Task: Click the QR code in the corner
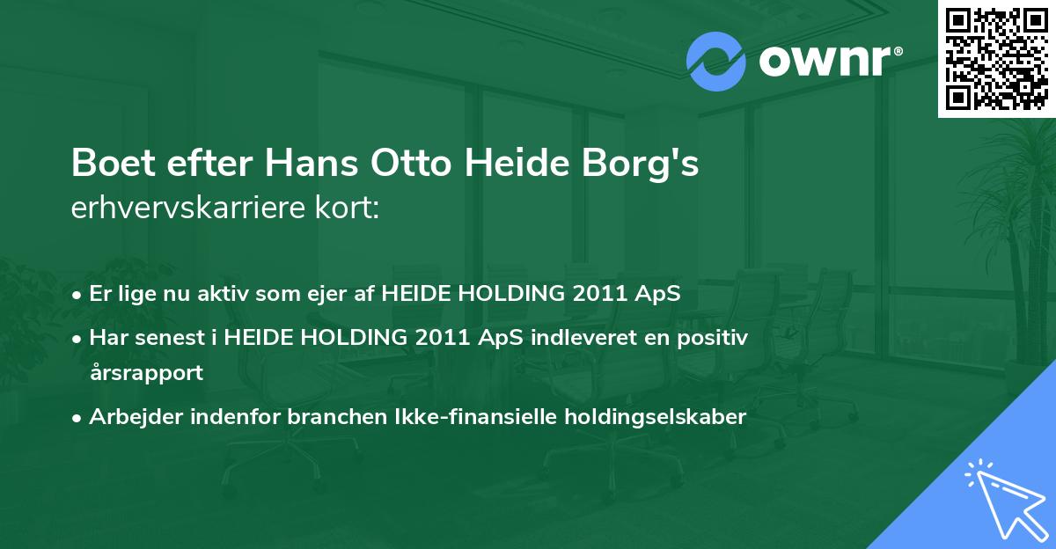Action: [x=996, y=58]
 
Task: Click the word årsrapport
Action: [x=146, y=372]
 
